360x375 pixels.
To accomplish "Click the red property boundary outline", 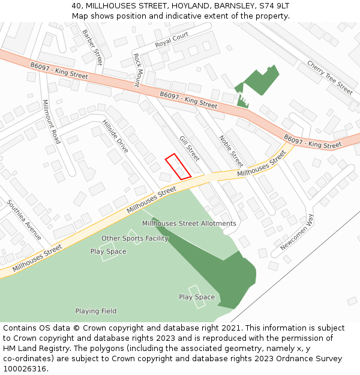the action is click(178, 166).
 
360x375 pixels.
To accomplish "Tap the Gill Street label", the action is click(189, 149).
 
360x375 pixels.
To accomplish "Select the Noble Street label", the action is click(231, 151).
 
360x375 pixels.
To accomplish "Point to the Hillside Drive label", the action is click(115, 136).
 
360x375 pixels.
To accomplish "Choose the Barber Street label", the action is click(92, 47).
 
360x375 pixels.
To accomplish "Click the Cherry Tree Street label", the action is click(329, 77).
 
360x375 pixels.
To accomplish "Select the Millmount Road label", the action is click(52, 122).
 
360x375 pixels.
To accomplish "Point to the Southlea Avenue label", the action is click(25, 220).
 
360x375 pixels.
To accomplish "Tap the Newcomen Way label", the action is click(296, 232).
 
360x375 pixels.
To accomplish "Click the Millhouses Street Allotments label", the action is click(189, 223).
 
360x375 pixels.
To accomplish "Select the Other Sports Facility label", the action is click(134, 238).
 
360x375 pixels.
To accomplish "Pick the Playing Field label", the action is click(96, 311).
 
